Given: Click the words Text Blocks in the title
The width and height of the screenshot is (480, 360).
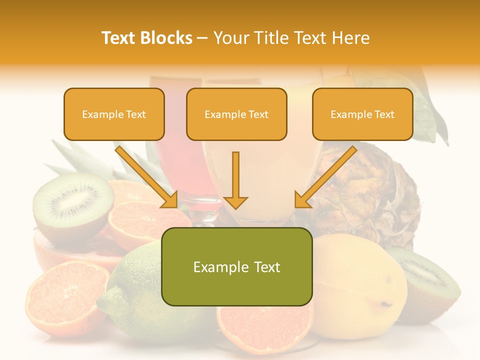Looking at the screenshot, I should (146, 38).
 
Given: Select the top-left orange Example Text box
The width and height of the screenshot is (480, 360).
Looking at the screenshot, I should (114, 114).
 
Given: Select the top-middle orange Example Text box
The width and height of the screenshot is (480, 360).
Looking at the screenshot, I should (236, 114).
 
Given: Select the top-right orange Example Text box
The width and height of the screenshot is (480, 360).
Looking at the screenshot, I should (362, 114).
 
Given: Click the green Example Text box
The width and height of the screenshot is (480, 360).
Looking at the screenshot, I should (236, 267).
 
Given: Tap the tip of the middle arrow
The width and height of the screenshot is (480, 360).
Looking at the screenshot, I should (235, 206).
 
